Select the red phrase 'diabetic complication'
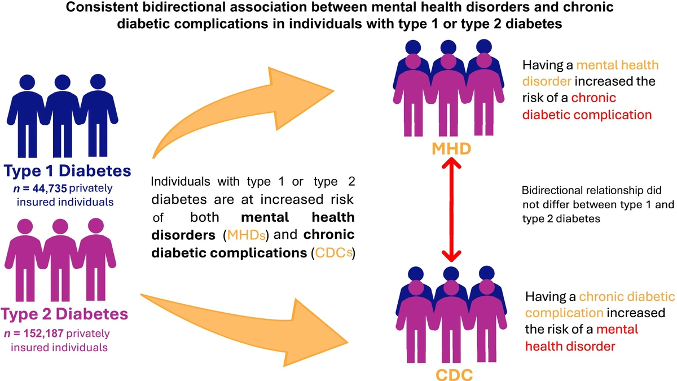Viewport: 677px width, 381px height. pos(587,115)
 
